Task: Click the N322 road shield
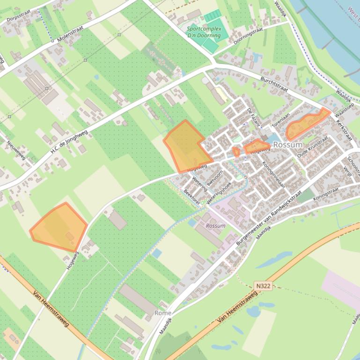(264, 285)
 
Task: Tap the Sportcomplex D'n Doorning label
(204, 32)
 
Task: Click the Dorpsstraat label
(18, 18)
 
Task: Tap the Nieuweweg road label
(16, 150)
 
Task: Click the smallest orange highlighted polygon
(236, 151)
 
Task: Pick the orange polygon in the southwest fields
(59, 227)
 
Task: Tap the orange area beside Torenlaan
(305, 123)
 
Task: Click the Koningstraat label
(326, 192)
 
